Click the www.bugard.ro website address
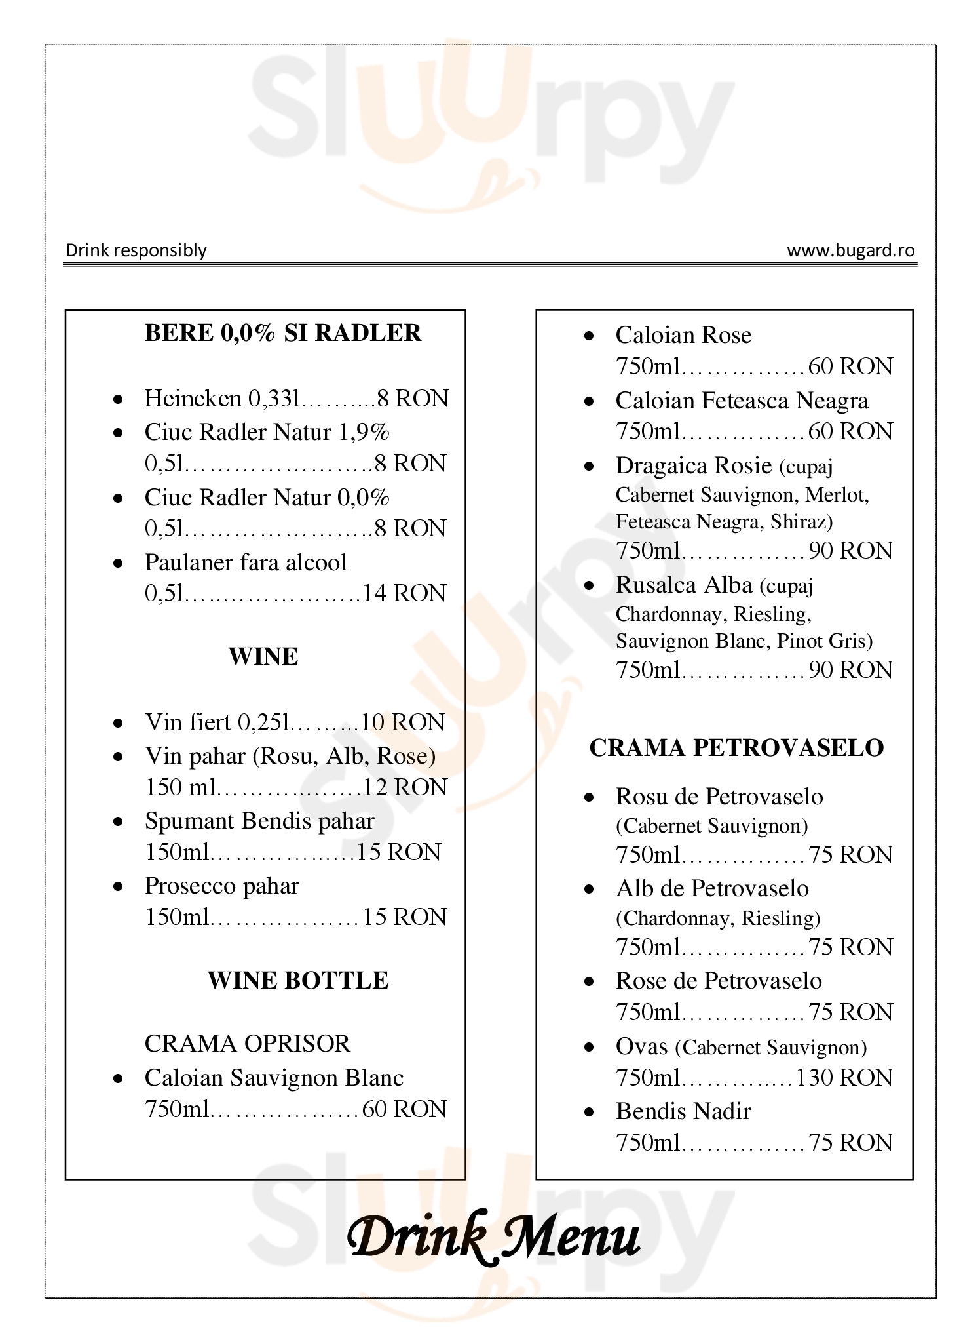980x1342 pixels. (850, 250)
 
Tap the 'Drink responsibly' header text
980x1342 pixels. (136, 250)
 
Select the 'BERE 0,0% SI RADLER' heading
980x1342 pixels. (283, 333)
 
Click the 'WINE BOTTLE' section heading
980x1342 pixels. (298, 980)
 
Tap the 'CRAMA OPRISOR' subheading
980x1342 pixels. (248, 1043)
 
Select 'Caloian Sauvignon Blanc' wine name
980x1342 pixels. (274, 1078)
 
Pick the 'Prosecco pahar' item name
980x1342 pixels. (221, 886)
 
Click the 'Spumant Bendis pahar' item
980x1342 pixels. (259, 821)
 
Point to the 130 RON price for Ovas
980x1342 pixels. (844, 1078)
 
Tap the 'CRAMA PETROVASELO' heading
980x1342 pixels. (736, 747)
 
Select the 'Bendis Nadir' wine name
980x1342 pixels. (683, 1111)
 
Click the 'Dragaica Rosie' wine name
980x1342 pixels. (694, 465)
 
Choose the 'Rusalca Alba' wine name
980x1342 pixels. (684, 585)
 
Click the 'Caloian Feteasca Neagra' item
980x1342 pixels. (742, 401)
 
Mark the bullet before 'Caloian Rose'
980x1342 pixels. (589, 336)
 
